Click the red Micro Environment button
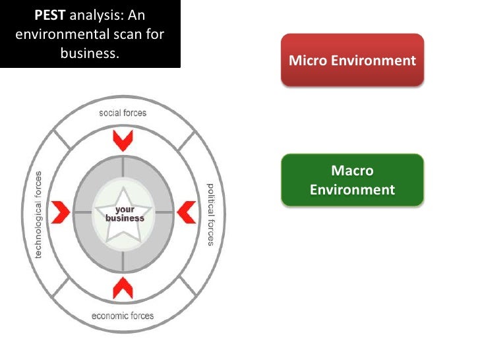coord(352,61)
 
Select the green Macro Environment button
coord(352,181)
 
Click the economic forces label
coord(123,315)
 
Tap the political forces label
coord(210,214)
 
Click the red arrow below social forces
coord(123,139)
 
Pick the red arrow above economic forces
coord(123,287)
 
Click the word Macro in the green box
coord(352,171)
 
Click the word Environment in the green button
coord(352,191)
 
